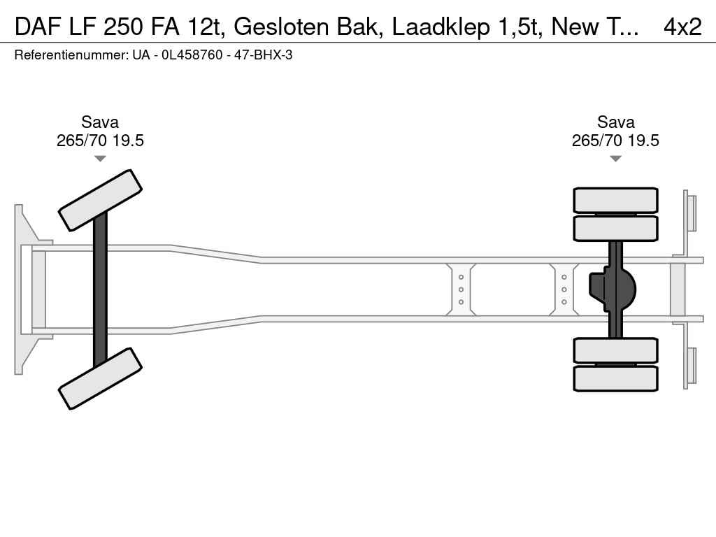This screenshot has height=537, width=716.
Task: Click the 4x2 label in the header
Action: click(x=682, y=27)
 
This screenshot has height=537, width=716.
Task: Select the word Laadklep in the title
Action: click(x=441, y=27)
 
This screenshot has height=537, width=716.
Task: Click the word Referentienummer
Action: click(x=71, y=55)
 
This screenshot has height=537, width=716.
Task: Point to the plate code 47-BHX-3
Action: click(x=263, y=55)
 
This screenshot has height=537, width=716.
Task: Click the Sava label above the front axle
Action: click(x=100, y=122)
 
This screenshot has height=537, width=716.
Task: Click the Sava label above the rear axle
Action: click(x=615, y=122)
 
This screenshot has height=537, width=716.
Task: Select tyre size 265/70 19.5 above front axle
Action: click(x=100, y=140)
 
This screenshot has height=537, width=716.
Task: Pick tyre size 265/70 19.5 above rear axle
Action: click(x=615, y=140)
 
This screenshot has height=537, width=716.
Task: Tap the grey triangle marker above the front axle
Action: click(x=100, y=159)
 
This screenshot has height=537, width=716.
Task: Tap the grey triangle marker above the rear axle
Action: click(x=615, y=159)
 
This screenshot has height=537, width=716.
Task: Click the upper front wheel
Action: click(x=100, y=201)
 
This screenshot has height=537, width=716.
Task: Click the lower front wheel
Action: click(x=100, y=378)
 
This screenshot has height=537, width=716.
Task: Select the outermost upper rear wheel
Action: click(x=615, y=200)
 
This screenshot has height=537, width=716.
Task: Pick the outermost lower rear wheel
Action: click(x=615, y=378)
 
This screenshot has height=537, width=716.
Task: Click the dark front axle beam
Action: click(x=100, y=289)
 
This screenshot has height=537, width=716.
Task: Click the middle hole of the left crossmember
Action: click(x=461, y=289)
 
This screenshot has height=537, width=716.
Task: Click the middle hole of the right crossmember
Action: click(x=564, y=289)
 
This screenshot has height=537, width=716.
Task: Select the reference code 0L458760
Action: click(x=192, y=55)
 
